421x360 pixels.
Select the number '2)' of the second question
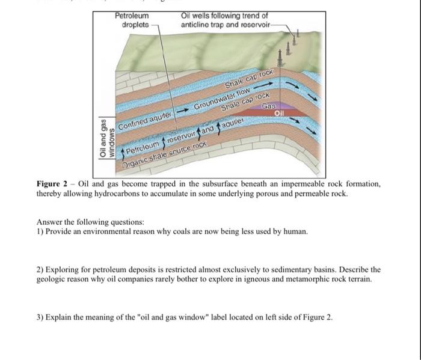40,270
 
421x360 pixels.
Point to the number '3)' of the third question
40,317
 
